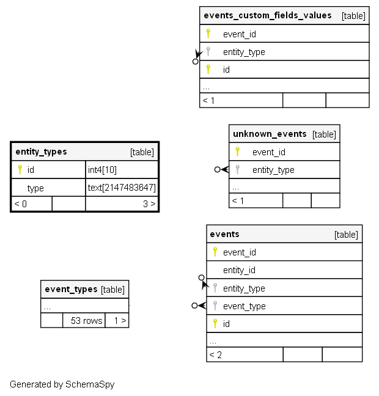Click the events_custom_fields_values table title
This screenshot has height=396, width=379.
pyautogui.click(x=267, y=15)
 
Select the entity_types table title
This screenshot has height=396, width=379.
pyautogui.click(x=41, y=152)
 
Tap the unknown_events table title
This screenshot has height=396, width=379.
pyautogui.click(x=270, y=134)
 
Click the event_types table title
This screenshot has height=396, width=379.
pyautogui.click(x=71, y=289)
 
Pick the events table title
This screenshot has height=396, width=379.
pyautogui.click(x=224, y=234)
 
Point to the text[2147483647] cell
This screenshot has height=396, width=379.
pyautogui.click(x=122, y=188)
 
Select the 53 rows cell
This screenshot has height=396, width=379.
pyautogui.click(x=86, y=320)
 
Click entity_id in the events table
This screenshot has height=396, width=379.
pyautogui.click(x=239, y=270)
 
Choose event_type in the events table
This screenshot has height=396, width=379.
pyautogui.click(x=244, y=306)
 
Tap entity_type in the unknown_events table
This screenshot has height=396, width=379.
pyautogui.click(x=273, y=170)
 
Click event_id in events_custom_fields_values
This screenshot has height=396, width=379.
pyautogui.click(x=239, y=34)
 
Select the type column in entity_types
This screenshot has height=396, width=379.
pyautogui.click(x=35, y=188)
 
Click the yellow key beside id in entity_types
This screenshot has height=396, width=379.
pyautogui.click(x=20, y=169)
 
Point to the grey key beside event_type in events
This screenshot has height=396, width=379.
pyautogui.click(x=215, y=306)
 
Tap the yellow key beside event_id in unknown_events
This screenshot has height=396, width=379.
pyautogui.click(x=238, y=152)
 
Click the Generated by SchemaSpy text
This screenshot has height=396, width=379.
pyautogui.click(x=62, y=384)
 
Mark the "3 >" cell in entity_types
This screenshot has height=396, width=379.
pyautogui.click(x=149, y=204)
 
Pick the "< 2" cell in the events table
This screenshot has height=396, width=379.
pyautogui.click(x=216, y=354)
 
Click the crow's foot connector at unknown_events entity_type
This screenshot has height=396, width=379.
pyautogui.click(x=221, y=170)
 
